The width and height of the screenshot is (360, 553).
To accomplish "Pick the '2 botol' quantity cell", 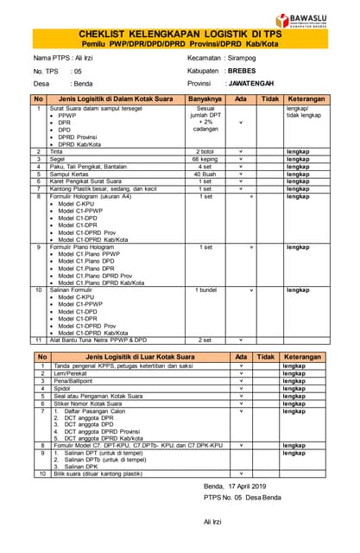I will point(205,151).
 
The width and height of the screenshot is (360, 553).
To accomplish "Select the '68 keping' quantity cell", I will point(205,159).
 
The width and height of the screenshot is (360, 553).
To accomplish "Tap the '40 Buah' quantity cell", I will point(205,174).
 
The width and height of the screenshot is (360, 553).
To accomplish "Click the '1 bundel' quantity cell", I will point(205,290).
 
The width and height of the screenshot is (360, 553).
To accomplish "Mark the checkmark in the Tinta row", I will point(241,151).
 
